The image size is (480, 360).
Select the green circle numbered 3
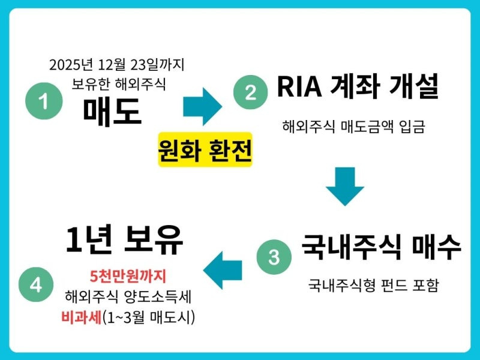pos(274,257)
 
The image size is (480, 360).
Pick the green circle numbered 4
pos(36,285)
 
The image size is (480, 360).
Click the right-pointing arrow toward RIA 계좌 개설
pos(202,106)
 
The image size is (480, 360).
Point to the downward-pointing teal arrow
pos(345,187)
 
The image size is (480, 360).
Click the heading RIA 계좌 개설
pos(358,88)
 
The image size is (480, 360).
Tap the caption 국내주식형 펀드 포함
pos(373,284)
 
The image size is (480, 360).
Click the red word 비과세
pos(81,317)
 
